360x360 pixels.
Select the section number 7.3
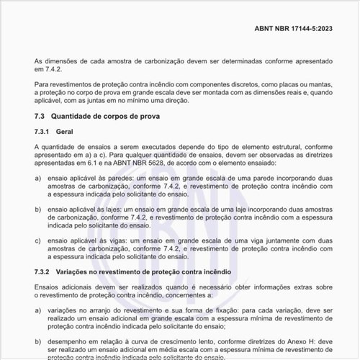[x=40, y=116]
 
